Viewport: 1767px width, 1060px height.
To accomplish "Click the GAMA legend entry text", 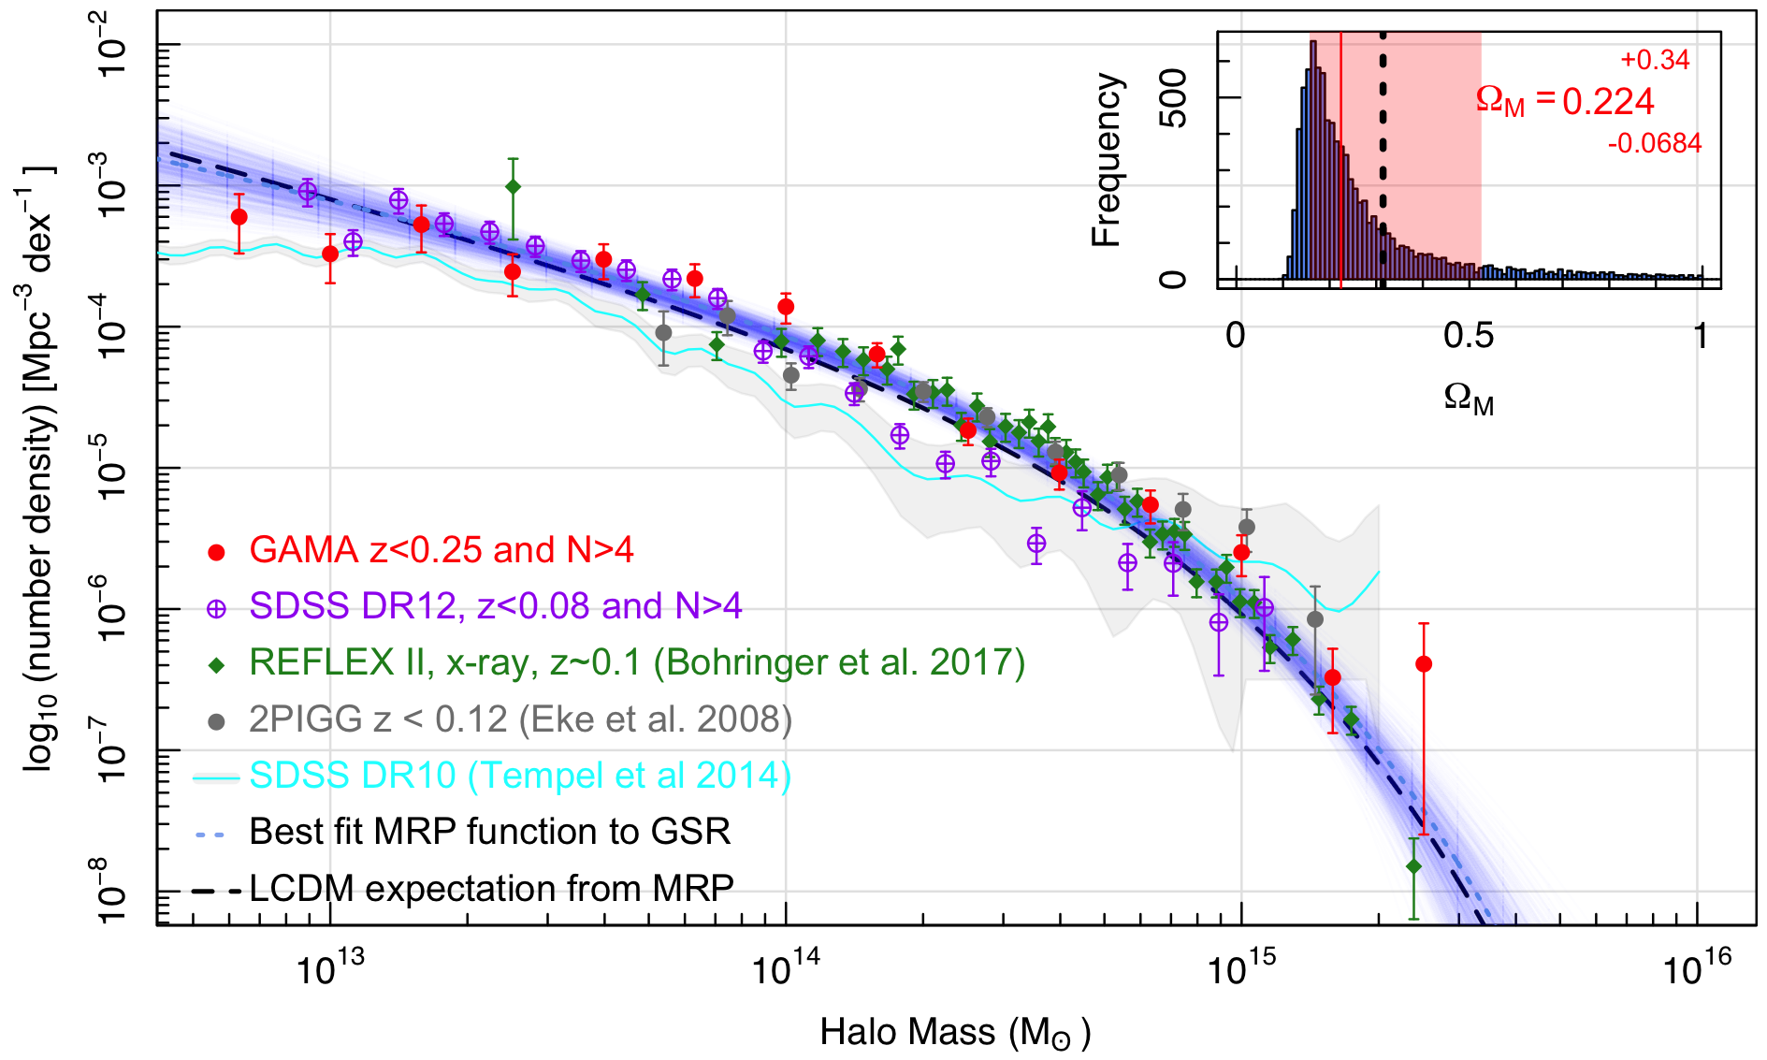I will [x=441, y=550].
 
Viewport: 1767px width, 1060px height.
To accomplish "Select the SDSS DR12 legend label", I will [x=495, y=606].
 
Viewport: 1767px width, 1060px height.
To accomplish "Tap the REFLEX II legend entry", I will [x=637, y=662].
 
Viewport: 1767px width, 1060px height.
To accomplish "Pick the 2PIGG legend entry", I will [x=520, y=719].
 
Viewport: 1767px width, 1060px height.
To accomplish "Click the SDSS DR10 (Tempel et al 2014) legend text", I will [x=520, y=776].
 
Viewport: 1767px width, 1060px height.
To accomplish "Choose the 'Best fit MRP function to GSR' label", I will [x=489, y=832].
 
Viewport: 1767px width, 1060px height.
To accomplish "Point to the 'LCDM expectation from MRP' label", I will [x=491, y=888].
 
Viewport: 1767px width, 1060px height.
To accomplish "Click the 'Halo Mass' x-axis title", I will [x=955, y=1033].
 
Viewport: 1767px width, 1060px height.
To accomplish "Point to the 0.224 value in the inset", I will [x=1608, y=101].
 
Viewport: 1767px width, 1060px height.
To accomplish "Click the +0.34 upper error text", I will [x=1655, y=60].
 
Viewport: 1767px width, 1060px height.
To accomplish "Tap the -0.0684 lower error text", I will [x=1655, y=143].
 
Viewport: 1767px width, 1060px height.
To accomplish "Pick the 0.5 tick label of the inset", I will [x=1469, y=335].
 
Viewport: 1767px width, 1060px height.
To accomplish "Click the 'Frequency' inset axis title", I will [x=1107, y=159].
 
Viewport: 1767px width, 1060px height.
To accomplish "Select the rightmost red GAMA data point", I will [x=1424, y=664].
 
